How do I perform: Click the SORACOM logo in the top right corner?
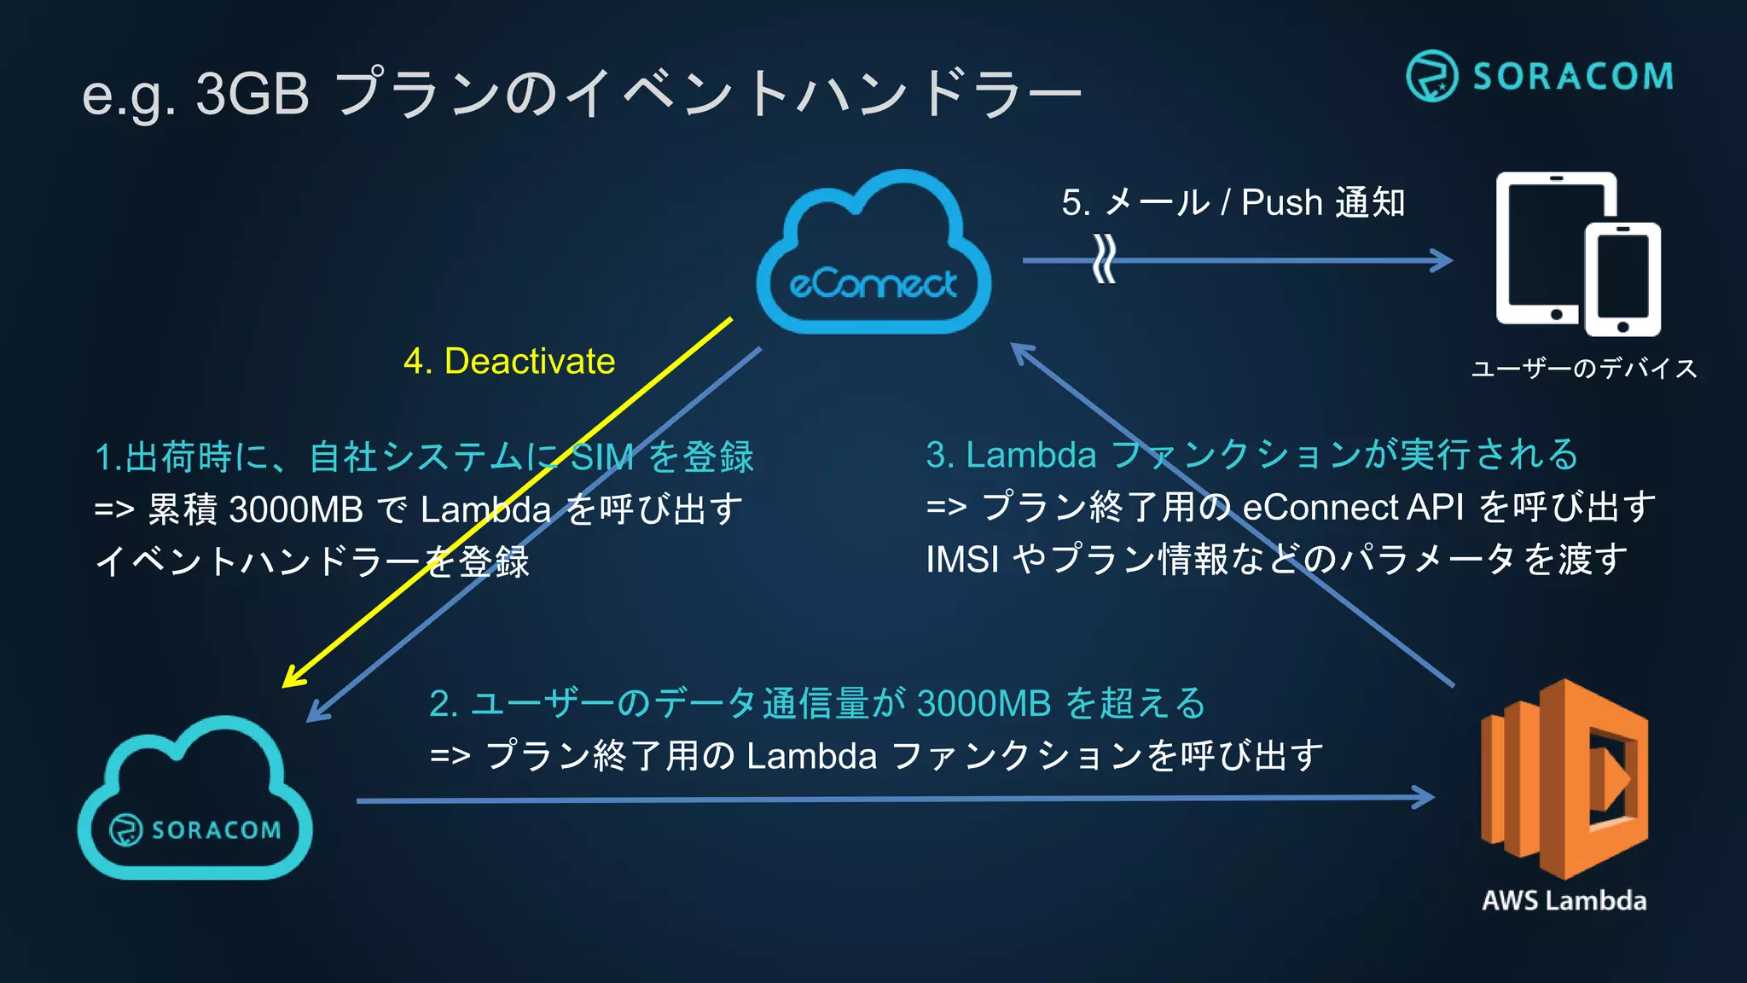tap(1540, 76)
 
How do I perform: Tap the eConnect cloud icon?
tap(873, 256)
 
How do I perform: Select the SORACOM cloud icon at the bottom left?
tap(195, 802)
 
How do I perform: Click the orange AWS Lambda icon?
tap(1564, 778)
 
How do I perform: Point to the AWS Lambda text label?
tap(1564, 901)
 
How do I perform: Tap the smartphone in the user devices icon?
tap(1622, 280)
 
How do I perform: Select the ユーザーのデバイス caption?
tap(1584, 369)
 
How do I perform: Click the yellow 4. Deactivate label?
tap(509, 362)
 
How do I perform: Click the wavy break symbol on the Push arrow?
tap(1104, 259)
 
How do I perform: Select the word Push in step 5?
tap(1281, 203)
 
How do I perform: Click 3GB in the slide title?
tap(252, 93)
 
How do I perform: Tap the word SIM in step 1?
tap(601, 457)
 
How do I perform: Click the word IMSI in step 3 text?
tap(962, 560)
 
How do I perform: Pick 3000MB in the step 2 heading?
tap(984, 704)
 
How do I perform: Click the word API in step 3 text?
tap(1435, 508)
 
